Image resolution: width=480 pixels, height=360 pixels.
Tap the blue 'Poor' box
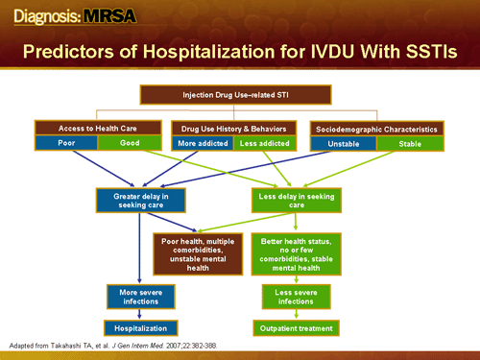point(65,142)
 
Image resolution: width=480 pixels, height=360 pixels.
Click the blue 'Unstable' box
point(343,143)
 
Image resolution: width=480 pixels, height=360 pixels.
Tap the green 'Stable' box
point(407,143)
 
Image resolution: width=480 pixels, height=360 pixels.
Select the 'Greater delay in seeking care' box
point(141,200)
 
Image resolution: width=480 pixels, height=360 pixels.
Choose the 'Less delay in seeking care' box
point(296,200)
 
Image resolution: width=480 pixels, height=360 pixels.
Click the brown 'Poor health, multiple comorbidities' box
point(198,254)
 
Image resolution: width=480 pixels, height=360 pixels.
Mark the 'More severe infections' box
point(141,296)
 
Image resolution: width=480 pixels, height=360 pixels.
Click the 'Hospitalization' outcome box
point(141,328)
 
